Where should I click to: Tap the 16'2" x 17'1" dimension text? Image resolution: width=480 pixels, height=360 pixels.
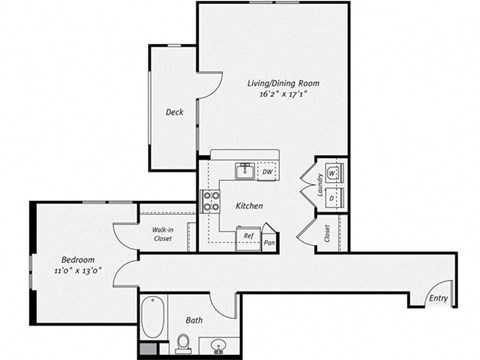(x=274, y=97)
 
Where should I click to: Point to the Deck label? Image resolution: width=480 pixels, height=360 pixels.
(x=173, y=112)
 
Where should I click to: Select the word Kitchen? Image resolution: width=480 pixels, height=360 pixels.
(x=249, y=206)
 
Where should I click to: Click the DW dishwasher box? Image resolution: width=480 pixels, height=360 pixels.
(x=268, y=172)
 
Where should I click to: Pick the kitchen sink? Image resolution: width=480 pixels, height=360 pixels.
(x=243, y=171)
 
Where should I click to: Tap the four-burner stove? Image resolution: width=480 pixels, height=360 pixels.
(x=212, y=201)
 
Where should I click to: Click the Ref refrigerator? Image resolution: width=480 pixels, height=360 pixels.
(x=247, y=237)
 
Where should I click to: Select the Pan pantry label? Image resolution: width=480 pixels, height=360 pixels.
(x=269, y=243)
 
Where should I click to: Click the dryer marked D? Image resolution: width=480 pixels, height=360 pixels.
(x=333, y=198)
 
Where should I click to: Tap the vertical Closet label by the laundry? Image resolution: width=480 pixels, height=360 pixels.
(x=328, y=234)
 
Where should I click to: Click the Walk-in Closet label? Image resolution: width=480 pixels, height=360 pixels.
(x=163, y=235)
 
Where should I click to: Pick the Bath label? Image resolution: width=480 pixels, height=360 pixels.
(x=195, y=320)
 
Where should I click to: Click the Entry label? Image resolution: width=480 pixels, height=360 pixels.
(x=437, y=297)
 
